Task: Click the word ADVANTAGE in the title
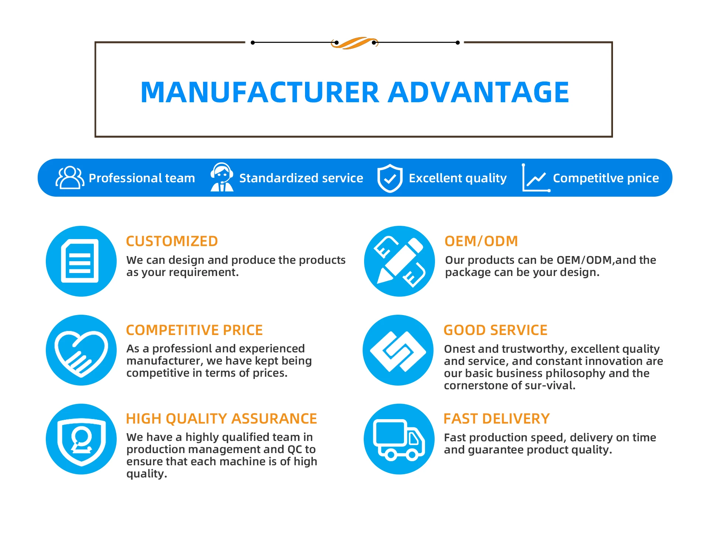pyautogui.click(x=478, y=92)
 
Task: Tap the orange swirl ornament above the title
pyautogui.click(x=354, y=43)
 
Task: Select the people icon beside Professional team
pyautogui.click(x=69, y=178)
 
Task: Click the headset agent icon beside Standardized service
pyautogui.click(x=222, y=177)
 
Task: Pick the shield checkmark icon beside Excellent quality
pyautogui.click(x=390, y=178)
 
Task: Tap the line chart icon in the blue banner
pyautogui.click(x=536, y=178)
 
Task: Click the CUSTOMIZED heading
pyautogui.click(x=172, y=241)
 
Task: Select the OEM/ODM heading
pyautogui.click(x=481, y=241)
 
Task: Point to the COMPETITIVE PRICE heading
pyautogui.click(x=194, y=330)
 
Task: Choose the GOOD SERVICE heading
pyautogui.click(x=495, y=330)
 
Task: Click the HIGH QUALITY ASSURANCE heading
pyautogui.click(x=221, y=419)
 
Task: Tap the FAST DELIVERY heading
pyautogui.click(x=496, y=419)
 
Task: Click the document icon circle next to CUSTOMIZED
pyautogui.click(x=81, y=261)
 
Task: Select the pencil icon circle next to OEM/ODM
pyautogui.click(x=399, y=261)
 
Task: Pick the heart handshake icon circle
pyautogui.click(x=81, y=350)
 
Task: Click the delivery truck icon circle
pyautogui.click(x=399, y=439)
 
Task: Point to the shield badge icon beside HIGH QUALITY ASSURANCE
pyautogui.click(x=81, y=439)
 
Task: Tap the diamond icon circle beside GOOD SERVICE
pyautogui.click(x=398, y=350)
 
